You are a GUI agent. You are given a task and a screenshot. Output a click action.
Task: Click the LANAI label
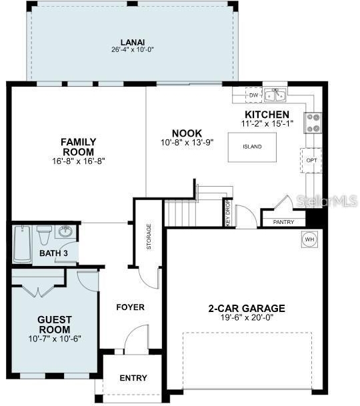coord(133,42)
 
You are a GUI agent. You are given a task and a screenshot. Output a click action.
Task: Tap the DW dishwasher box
coord(254,95)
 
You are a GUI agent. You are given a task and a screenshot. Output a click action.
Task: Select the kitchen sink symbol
coord(275,95)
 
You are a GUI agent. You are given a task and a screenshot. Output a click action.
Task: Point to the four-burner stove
coord(313,123)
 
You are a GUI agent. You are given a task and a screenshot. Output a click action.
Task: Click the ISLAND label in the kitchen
coord(252,147)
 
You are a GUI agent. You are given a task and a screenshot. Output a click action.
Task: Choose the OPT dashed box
coord(311,160)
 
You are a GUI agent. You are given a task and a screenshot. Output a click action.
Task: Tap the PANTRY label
coord(283,222)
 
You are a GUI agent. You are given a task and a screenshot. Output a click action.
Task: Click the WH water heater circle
coord(310,239)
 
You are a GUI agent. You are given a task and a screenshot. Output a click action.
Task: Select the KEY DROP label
coord(228,213)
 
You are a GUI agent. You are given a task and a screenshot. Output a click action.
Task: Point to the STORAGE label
coord(149,237)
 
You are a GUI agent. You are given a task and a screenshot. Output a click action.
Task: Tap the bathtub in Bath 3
coord(23,244)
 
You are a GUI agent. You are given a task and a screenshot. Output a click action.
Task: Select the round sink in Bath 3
coord(65,231)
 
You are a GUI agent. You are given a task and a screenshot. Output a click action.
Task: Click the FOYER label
coord(130,307)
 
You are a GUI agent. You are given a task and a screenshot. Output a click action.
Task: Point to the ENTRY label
coord(133,378)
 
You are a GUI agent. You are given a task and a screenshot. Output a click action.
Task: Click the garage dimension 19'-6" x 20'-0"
coord(247,317)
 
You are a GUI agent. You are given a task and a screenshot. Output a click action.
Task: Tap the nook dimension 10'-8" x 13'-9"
coord(187,142)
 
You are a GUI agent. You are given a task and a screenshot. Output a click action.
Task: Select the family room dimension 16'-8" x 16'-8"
coord(79,161)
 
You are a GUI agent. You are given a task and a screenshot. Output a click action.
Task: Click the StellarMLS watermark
coord(327,201)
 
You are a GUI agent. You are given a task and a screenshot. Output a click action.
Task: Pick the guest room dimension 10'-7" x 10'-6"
coord(55,339)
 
